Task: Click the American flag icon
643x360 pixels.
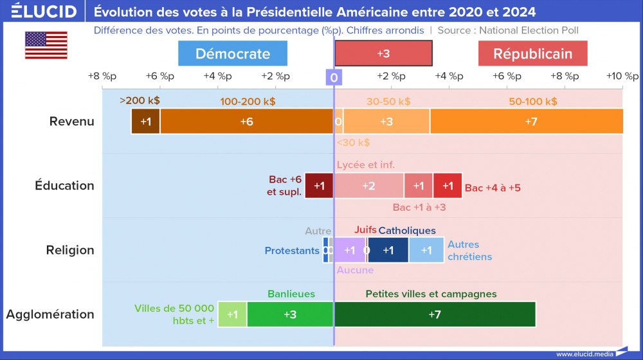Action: pos(46,45)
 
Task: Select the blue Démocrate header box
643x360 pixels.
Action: pos(233,53)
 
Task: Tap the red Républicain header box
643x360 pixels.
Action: pos(532,53)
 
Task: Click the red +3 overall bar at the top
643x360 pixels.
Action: pos(383,53)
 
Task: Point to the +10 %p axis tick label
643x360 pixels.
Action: pos(622,76)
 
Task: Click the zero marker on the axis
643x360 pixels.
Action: pos(334,78)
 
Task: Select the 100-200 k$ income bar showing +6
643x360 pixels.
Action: pos(246,122)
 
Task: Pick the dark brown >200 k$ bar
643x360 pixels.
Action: pos(146,122)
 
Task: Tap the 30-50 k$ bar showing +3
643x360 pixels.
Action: pos(386,122)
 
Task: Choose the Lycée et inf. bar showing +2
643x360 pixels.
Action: pos(368,186)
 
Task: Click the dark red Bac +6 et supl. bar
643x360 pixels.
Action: pos(319,186)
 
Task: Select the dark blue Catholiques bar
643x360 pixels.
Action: pos(388,250)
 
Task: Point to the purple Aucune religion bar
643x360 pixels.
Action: pos(349,250)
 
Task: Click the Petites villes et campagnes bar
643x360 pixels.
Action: pos(435,314)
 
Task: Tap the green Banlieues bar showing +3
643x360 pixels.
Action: pos(290,314)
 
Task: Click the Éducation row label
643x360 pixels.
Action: pos(64,186)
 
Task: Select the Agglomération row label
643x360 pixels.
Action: pos(50,314)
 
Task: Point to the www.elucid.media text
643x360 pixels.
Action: pos(584,354)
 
